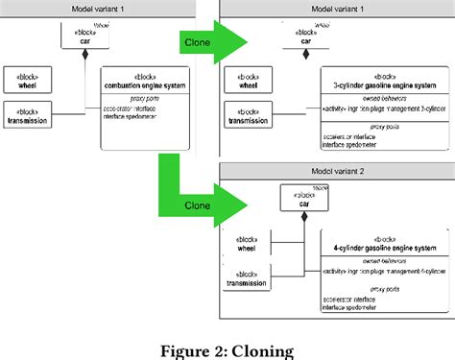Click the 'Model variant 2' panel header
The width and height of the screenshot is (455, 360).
point(335,170)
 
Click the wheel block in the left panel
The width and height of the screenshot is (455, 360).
point(28,80)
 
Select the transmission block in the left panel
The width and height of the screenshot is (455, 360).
point(28,115)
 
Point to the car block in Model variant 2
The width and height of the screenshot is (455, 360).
point(302,199)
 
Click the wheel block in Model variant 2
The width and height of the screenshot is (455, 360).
point(246,245)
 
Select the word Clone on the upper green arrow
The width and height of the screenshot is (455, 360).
point(196,42)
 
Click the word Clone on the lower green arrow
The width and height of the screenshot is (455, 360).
point(196,204)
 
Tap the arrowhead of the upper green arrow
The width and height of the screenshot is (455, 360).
point(238,43)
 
